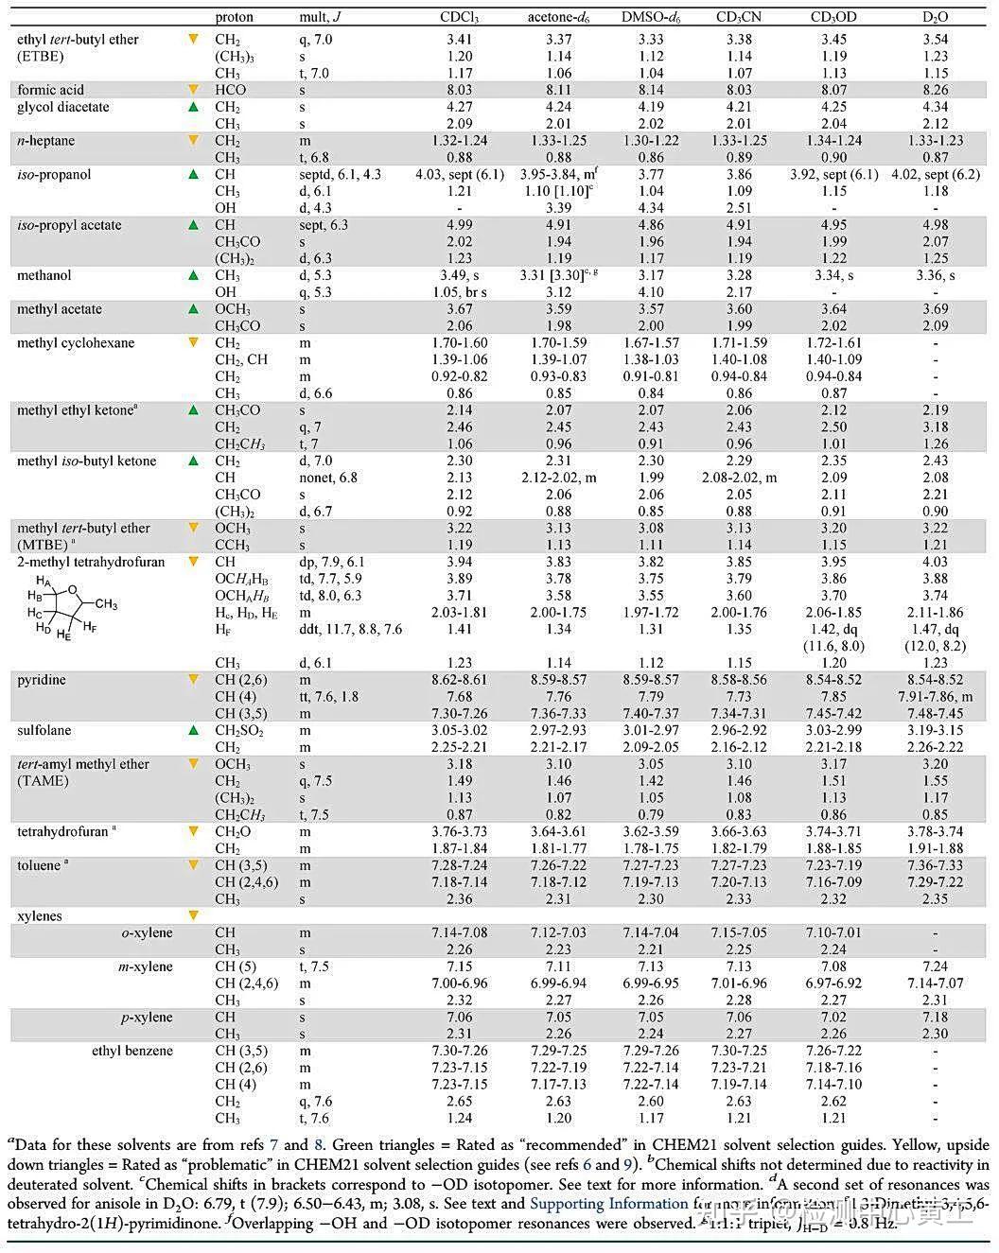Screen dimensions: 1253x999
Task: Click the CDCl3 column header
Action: (459, 17)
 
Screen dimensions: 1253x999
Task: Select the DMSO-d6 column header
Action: (649, 17)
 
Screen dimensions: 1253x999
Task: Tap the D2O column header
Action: (935, 17)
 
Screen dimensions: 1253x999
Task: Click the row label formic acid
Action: (50, 90)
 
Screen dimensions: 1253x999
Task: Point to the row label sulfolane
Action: (44, 731)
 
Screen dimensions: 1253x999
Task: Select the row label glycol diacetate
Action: (62, 107)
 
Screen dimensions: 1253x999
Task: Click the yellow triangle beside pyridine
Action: (194, 680)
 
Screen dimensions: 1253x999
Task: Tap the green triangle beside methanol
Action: (194, 275)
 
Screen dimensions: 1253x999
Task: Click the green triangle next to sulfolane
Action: (194, 731)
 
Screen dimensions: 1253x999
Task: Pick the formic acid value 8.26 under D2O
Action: (935, 90)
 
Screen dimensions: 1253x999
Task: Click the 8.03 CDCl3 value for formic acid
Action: (459, 90)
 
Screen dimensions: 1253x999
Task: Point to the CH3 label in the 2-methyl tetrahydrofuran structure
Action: (107, 605)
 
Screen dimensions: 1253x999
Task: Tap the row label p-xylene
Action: (146, 1018)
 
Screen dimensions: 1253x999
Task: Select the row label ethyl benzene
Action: (132, 1051)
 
